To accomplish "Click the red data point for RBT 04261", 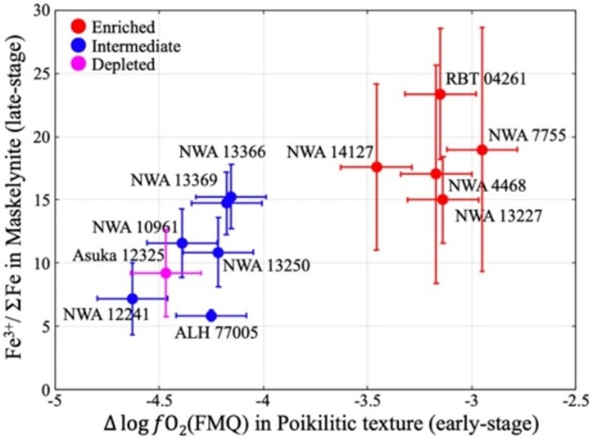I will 440,94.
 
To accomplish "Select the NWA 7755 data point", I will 482,150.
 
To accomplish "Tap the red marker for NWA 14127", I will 377,167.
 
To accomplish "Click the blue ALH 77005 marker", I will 211,316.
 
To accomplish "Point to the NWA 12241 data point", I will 133,298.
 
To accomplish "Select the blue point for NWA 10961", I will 182,243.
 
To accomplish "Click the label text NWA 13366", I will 224,152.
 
